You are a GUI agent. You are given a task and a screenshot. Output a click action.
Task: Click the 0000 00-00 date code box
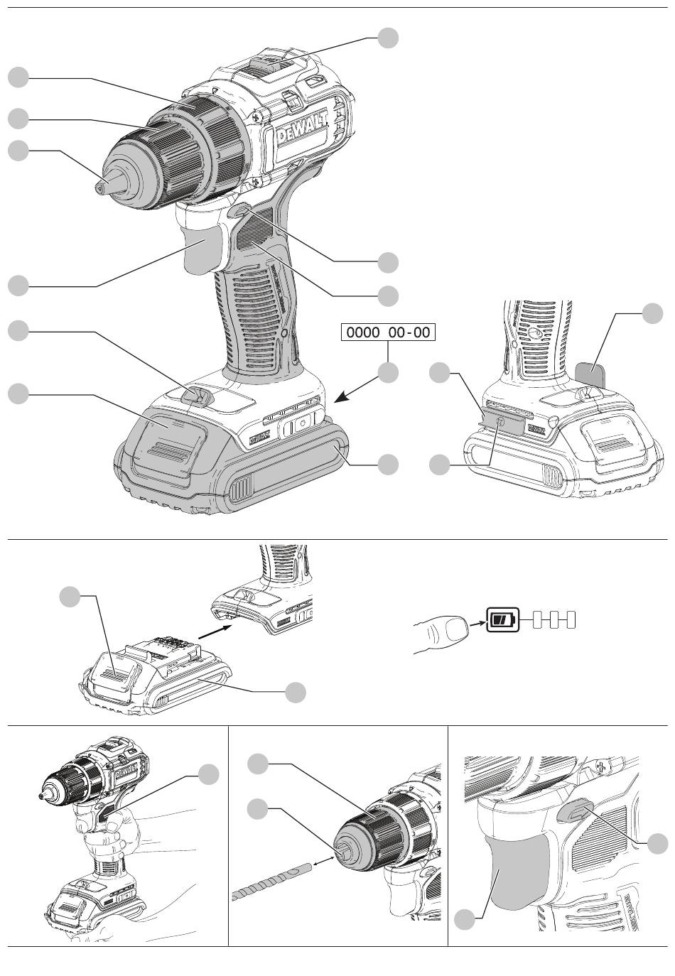(387, 332)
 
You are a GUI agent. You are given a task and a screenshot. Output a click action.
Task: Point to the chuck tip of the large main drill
(100, 185)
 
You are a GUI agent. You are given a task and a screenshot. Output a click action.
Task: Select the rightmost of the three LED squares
(569, 620)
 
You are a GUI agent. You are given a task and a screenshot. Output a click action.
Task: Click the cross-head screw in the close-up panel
(602, 766)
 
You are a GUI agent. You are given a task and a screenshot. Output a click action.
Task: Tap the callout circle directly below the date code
(388, 373)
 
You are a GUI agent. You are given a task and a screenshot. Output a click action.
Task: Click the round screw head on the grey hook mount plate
(501, 422)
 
